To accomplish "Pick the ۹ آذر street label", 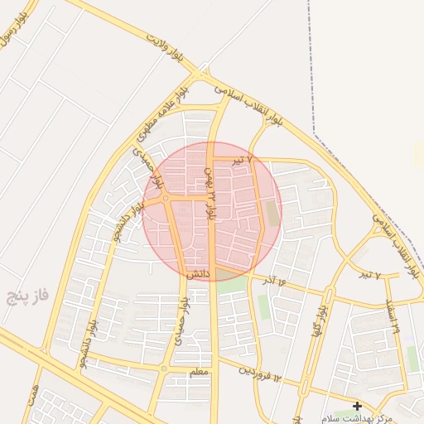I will pos(277,282).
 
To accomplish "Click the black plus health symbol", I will pos(357,406).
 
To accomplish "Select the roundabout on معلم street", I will pos(165,368).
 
